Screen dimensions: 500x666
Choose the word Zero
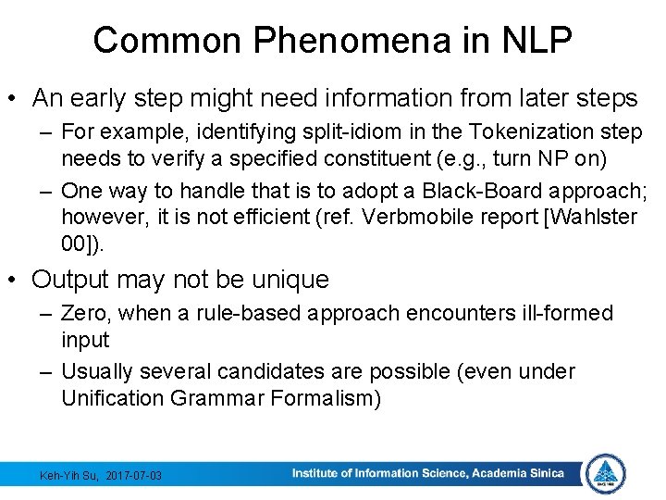tap(84, 313)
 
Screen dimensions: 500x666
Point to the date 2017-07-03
tap(134, 475)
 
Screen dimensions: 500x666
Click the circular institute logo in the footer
tap(606, 474)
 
